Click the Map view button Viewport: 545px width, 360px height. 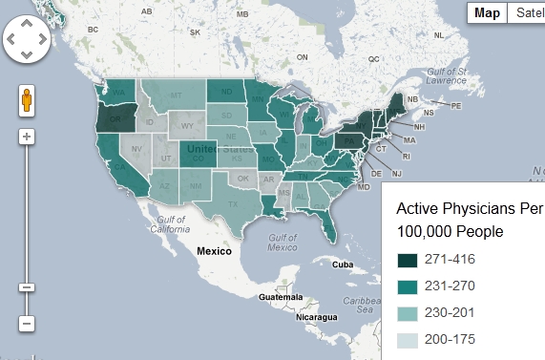click(487, 12)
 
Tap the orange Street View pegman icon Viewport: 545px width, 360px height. click(27, 100)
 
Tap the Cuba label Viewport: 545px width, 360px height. click(343, 265)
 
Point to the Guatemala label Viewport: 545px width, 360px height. click(281, 298)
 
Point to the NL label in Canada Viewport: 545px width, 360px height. click(439, 35)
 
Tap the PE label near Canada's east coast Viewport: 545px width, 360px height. click(455, 105)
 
